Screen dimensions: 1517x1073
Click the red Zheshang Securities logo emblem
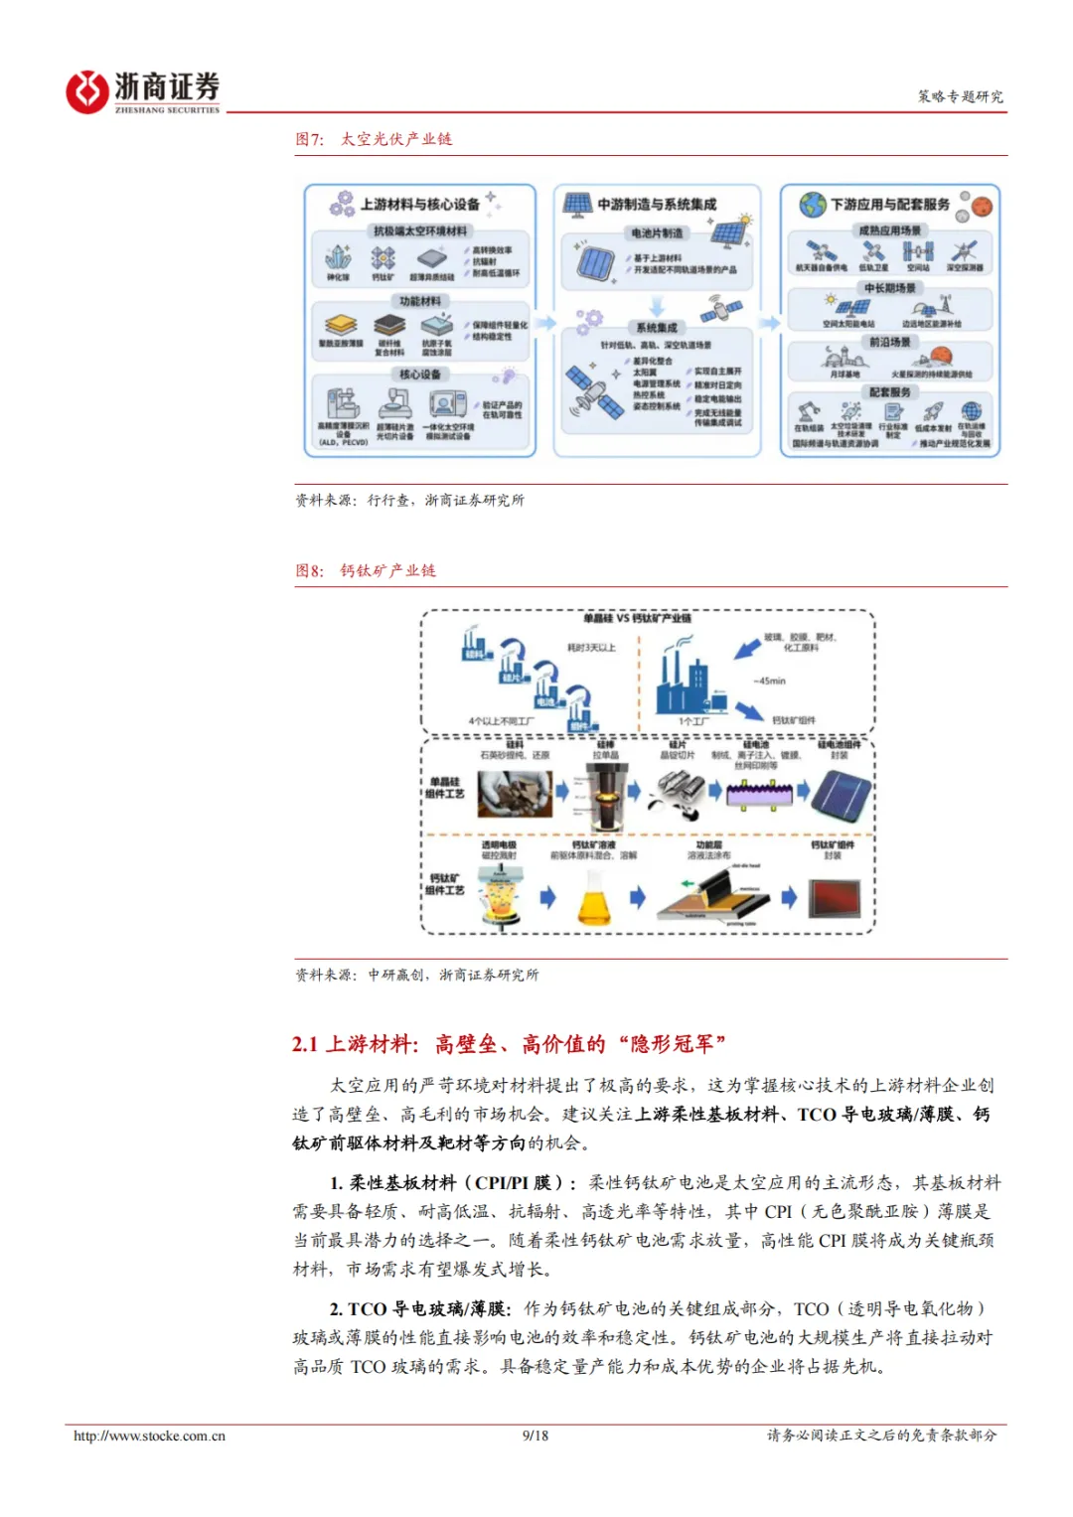coord(87,91)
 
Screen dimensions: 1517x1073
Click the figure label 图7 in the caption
coord(309,139)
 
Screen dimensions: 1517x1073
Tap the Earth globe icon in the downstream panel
coord(813,205)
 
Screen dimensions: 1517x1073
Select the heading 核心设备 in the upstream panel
coord(420,375)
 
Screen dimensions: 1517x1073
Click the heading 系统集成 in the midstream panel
coord(656,328)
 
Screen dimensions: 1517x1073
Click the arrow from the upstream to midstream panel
coord(545,322)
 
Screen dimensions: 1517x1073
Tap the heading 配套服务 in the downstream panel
coord(889,392)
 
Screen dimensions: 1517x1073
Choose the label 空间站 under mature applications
coord(918,267)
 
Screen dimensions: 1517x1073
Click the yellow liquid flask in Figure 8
coord(595,899)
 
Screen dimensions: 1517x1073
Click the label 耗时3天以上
coord(591,648)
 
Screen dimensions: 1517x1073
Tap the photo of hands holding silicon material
coord(515,793)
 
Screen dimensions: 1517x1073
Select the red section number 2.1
coord(305,1044)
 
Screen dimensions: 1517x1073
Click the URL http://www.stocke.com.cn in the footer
coord(149,1436)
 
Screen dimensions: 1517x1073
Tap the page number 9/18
coord(535,1436)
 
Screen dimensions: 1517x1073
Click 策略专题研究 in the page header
coord(960,96)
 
